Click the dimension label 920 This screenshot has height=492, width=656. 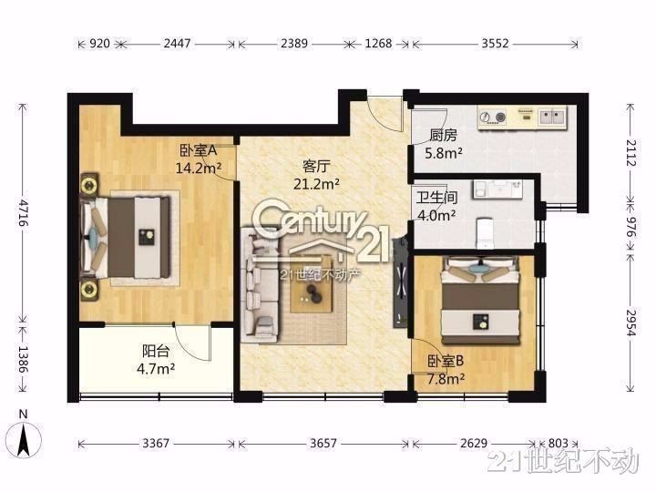100,43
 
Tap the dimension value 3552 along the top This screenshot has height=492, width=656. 495,43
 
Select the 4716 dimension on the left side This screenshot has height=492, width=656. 24,212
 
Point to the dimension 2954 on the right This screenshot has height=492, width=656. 630,322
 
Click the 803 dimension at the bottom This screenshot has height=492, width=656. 558,443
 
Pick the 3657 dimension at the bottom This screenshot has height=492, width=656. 323,443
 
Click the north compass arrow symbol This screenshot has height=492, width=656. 23,440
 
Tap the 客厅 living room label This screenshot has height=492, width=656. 316,166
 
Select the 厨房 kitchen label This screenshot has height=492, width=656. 444,136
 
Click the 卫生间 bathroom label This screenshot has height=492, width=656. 436,197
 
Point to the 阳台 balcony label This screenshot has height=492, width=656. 156,351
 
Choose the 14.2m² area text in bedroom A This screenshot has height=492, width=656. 199,169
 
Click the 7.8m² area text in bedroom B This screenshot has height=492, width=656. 446,379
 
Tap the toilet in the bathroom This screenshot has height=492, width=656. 485,232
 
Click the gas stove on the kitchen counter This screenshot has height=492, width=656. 492,117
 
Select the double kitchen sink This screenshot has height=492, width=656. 553,117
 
